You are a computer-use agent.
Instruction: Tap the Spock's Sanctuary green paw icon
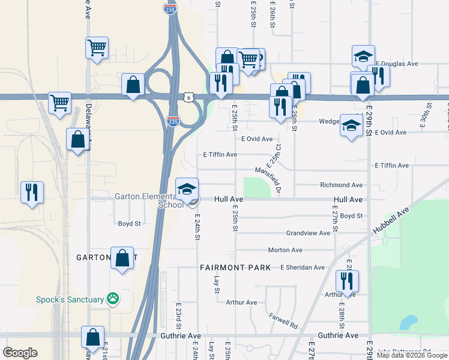112,298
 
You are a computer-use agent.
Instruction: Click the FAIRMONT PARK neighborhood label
235,268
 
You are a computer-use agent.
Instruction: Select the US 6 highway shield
188,97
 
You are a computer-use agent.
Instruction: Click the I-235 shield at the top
170,8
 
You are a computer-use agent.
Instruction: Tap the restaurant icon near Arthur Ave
347,280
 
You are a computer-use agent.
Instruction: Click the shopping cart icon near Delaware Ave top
97,47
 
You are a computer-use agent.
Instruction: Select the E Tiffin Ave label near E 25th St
220,155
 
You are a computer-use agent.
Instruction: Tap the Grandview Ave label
308,233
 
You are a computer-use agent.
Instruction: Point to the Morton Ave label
285,250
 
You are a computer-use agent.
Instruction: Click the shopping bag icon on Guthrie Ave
92,337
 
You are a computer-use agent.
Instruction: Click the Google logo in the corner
20,353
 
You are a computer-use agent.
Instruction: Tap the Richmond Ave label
341,185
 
